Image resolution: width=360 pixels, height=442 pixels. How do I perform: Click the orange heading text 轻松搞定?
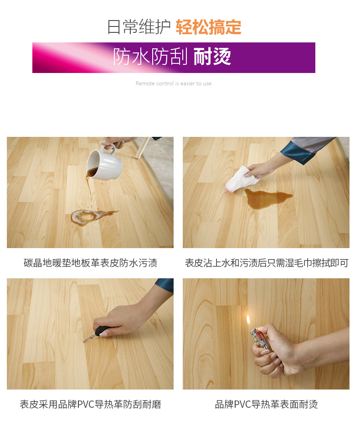[208, 27]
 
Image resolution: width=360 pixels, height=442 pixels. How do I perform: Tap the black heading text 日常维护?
[139, 27]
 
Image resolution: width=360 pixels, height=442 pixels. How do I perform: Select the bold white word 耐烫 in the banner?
[212, 57]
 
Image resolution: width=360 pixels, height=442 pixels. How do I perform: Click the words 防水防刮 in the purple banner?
[150, 57]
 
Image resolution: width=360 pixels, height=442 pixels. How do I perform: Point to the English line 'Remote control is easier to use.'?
[174, 83]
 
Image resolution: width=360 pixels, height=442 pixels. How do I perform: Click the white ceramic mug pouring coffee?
[104, 163]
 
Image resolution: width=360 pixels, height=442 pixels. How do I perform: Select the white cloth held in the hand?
[243, 178]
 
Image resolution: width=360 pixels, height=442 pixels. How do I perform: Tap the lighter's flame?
[249, 322]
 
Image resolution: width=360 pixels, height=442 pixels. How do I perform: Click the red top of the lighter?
[260, 335]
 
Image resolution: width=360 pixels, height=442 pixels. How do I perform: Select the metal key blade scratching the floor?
[89, 338]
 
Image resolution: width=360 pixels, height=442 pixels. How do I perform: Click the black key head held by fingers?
[102, 331]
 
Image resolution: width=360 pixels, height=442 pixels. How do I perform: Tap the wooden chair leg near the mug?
[141, 148]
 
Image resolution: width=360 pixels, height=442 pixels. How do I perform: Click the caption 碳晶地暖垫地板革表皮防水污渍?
[90, 263]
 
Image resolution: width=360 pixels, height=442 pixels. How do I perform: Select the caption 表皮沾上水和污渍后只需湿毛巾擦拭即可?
[267, 263]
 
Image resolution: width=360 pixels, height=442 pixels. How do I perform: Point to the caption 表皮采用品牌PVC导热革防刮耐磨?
[90, 404]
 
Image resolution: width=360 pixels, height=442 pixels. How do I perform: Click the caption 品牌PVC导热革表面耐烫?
[267, 404]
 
